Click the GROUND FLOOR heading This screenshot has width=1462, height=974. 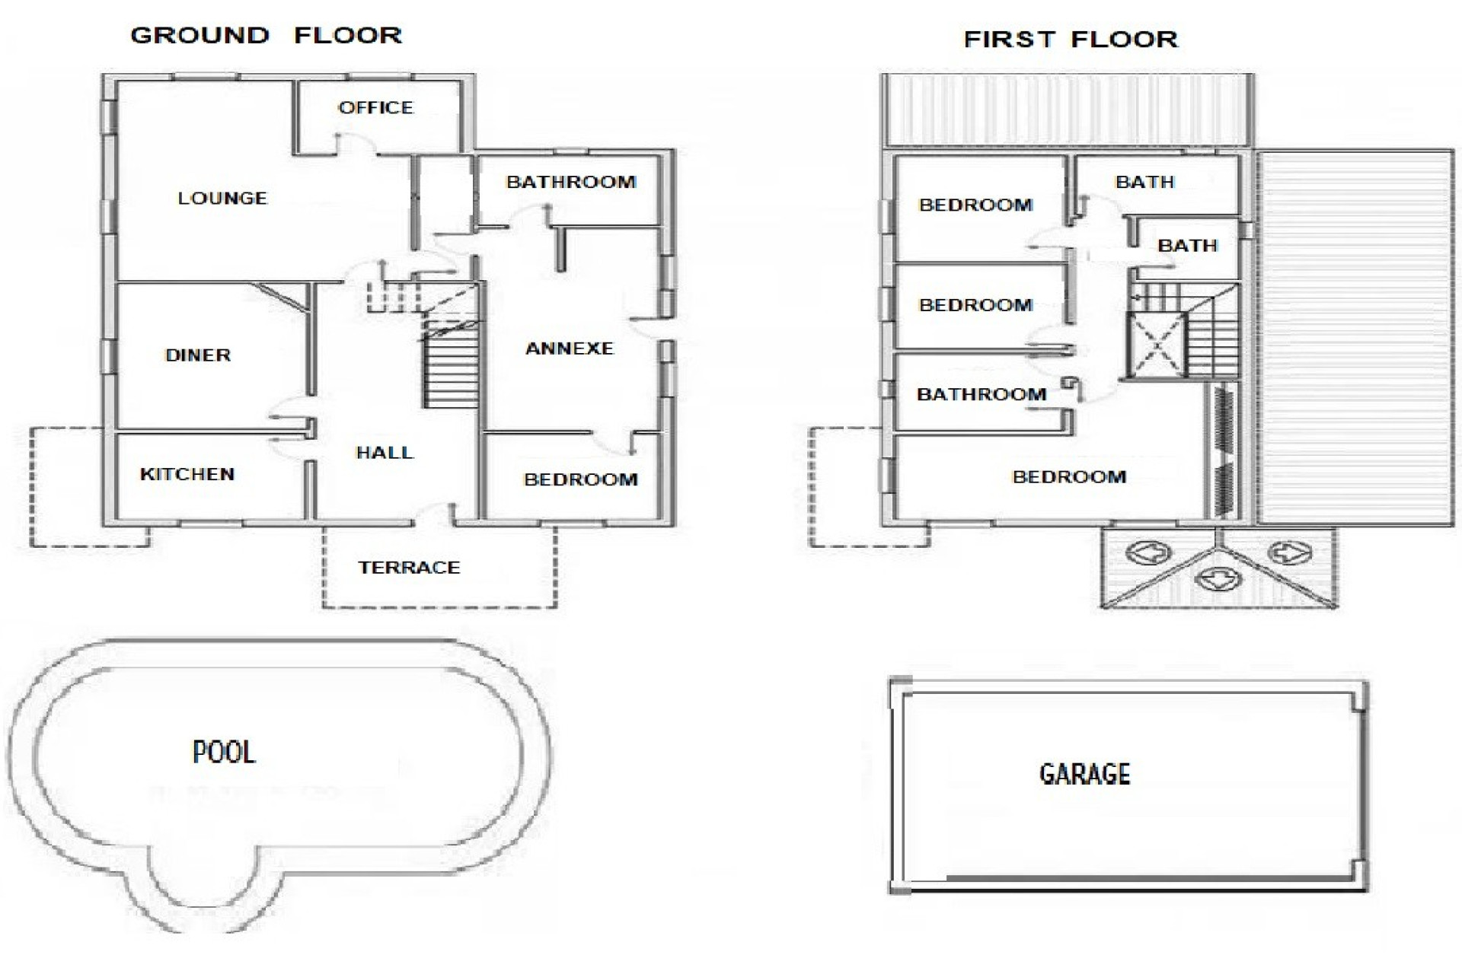coord(266,36)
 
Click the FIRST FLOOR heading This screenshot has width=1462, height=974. coord(1071,40)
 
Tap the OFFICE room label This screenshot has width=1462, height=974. coord(375,108)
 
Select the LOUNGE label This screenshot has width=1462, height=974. coord(222,199)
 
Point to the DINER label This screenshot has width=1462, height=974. coord(198,355)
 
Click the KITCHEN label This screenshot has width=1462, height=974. coord(187,475)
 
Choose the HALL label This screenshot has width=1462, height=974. coord(385,453)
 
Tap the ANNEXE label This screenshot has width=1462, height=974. coord(570,349)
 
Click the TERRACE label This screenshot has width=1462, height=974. coord(410,568)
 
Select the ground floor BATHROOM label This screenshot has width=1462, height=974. coord(571,183)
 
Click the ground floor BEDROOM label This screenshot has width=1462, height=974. coord(580,480)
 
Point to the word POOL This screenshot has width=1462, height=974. coord(224,753)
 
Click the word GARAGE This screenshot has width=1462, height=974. coord(1084,775)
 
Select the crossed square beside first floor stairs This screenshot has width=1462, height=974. coord(1157,347)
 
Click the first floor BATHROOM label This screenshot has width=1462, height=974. coord(981,395)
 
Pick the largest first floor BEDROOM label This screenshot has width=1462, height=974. coord(1069,477)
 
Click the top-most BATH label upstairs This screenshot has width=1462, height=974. coord(1144,183)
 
